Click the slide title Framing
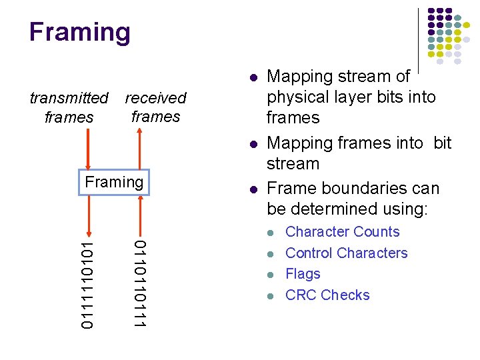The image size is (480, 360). (79, 32)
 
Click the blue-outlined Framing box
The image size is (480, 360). (115, 182)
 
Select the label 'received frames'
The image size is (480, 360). (155, 107)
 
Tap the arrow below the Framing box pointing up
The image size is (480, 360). (139, 213)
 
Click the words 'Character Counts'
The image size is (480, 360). (342, 232)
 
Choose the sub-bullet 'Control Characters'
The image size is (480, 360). (346, 253)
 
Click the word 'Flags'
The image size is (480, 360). (303, 274)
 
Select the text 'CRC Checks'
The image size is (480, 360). (327, 295)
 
